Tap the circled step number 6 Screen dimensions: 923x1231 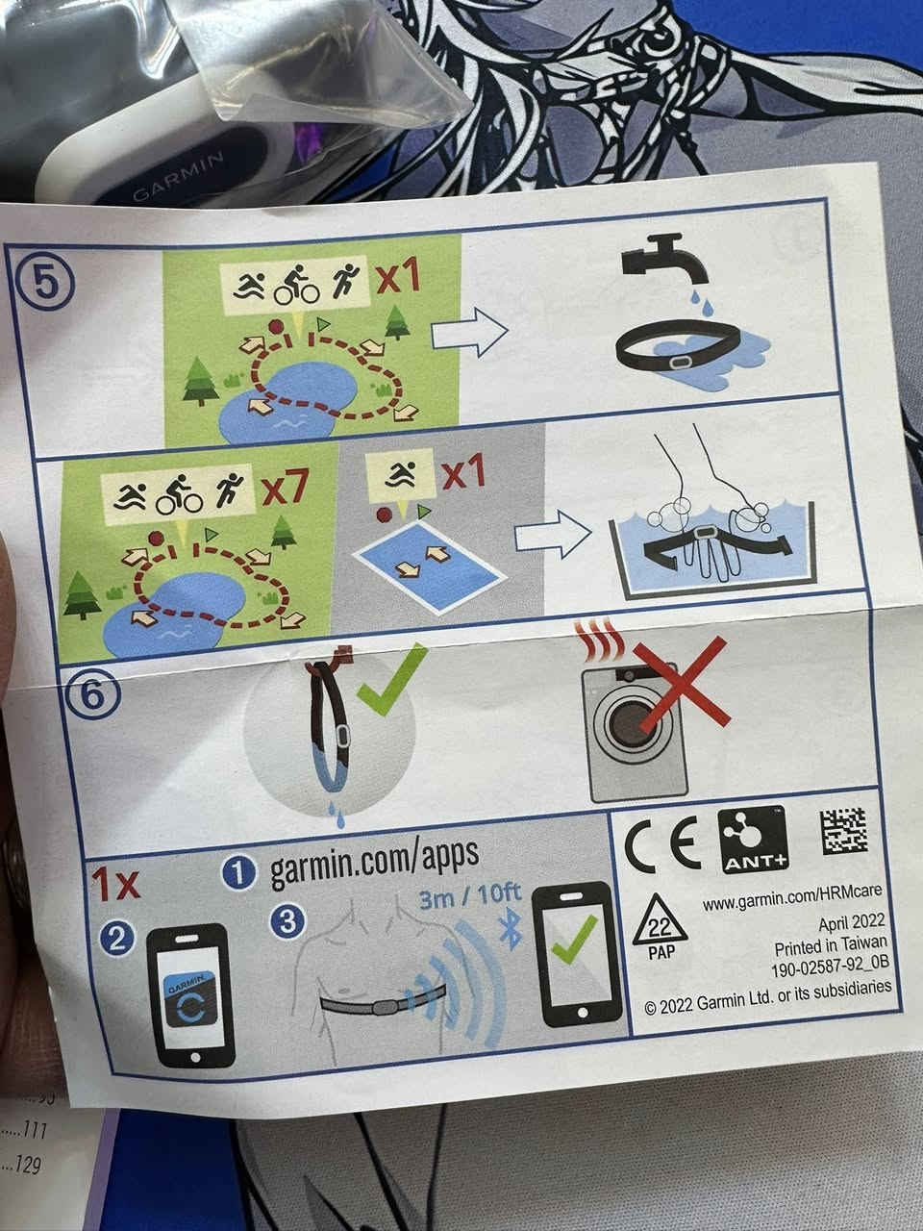93,693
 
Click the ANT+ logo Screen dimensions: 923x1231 753,838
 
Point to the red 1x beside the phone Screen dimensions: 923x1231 116,883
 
